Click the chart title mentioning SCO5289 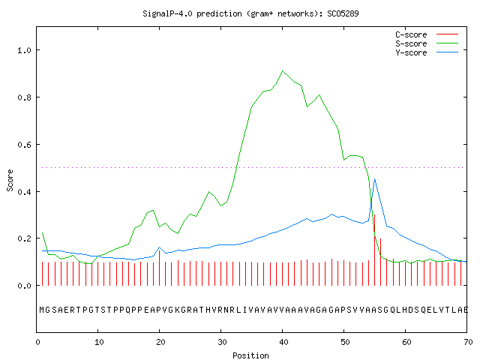pos(250,13)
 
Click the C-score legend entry pos(427,34)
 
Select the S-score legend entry pos(427,43)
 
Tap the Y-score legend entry pos(427,52)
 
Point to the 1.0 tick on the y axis pos(25,50)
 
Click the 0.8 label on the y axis pos(25,97)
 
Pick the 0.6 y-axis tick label pos(25,145)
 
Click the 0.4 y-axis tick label pos(25,192)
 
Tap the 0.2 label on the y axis pos(25,238)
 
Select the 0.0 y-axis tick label pos(25,286)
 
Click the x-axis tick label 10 pos(99,342)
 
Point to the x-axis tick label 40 pos(283,342)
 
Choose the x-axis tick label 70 pos(468,342)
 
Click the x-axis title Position pos(250,355)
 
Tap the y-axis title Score pos(10,180)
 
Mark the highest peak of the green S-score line pos(282,71)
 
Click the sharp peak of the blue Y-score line pos(374,179)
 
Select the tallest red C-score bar pos(374,250)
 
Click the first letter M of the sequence pos(42,310)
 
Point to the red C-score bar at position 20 pos(160,268)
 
